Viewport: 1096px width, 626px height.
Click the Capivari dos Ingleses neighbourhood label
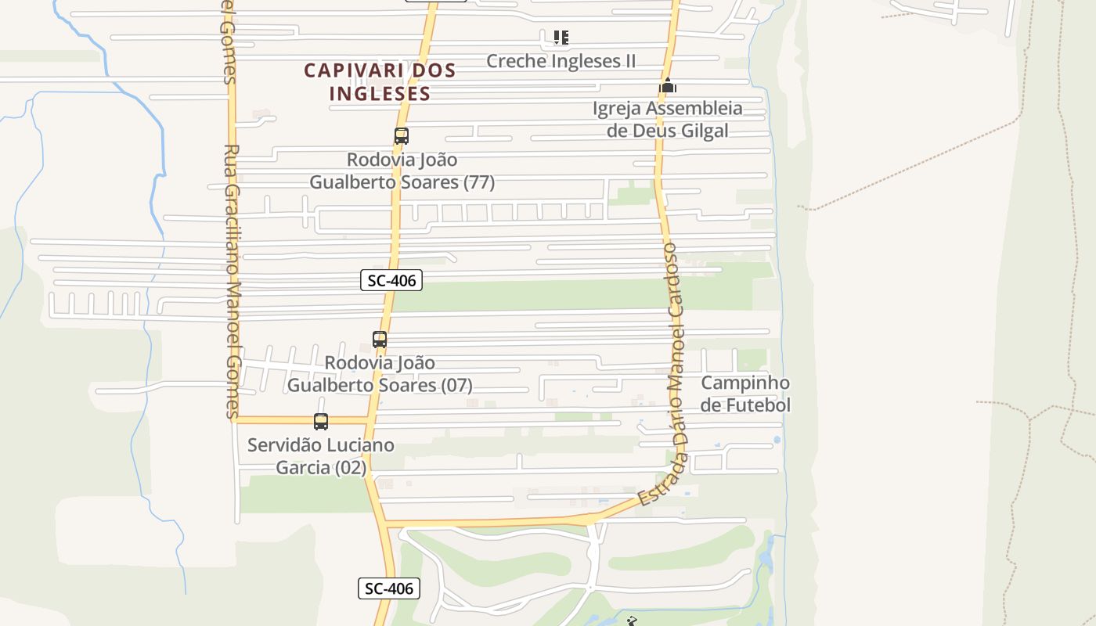click(380, 81)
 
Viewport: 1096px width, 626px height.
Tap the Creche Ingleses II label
click(561, 61)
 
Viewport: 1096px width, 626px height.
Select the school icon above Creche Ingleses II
click(561, 37)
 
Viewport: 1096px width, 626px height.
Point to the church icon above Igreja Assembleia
click(667, 85)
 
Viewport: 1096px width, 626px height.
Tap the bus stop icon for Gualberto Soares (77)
click(402, 136)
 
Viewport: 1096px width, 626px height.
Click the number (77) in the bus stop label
click(478, 182)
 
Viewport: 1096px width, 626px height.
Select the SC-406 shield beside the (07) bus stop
click(391, 279)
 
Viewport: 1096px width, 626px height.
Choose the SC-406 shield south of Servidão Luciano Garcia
click(389, 588)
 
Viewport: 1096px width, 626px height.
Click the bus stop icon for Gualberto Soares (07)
click(380, 340)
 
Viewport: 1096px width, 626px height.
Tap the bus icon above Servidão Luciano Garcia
click(321, 422)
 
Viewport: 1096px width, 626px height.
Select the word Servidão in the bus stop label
click(283, 445)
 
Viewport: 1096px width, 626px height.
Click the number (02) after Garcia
click(350, 468)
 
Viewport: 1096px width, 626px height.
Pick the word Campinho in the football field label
click(744, 383)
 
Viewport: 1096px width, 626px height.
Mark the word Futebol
click(757, 405)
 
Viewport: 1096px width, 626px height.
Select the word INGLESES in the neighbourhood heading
click(380, 93)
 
